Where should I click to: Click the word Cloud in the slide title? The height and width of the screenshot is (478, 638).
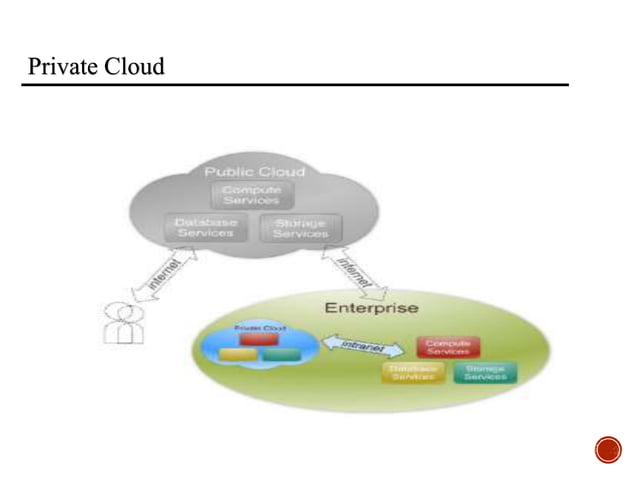pyautogui.click(x=135, y=67)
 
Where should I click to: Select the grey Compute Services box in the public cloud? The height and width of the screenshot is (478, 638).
pyautogui.click(x=251, y=194)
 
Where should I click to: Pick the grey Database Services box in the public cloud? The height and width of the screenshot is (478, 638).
pyautogui.click(x=205, y=227)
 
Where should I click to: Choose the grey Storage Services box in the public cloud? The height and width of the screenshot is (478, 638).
pyautogui.click(x=300, y=228)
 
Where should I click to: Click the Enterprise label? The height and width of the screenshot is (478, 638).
pyautogui.click(x=371, y=307)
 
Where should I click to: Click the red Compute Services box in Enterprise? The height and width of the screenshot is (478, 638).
pyautogui.click(x=448, y=346)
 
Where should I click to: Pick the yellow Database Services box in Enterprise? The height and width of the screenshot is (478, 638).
pyautogui.click(x=409, y=374)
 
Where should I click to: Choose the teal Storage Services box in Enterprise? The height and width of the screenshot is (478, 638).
pyautogui.click(x=484, y=374)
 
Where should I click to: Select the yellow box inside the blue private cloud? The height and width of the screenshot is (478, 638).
pyautogui.click(x=237, y=355)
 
